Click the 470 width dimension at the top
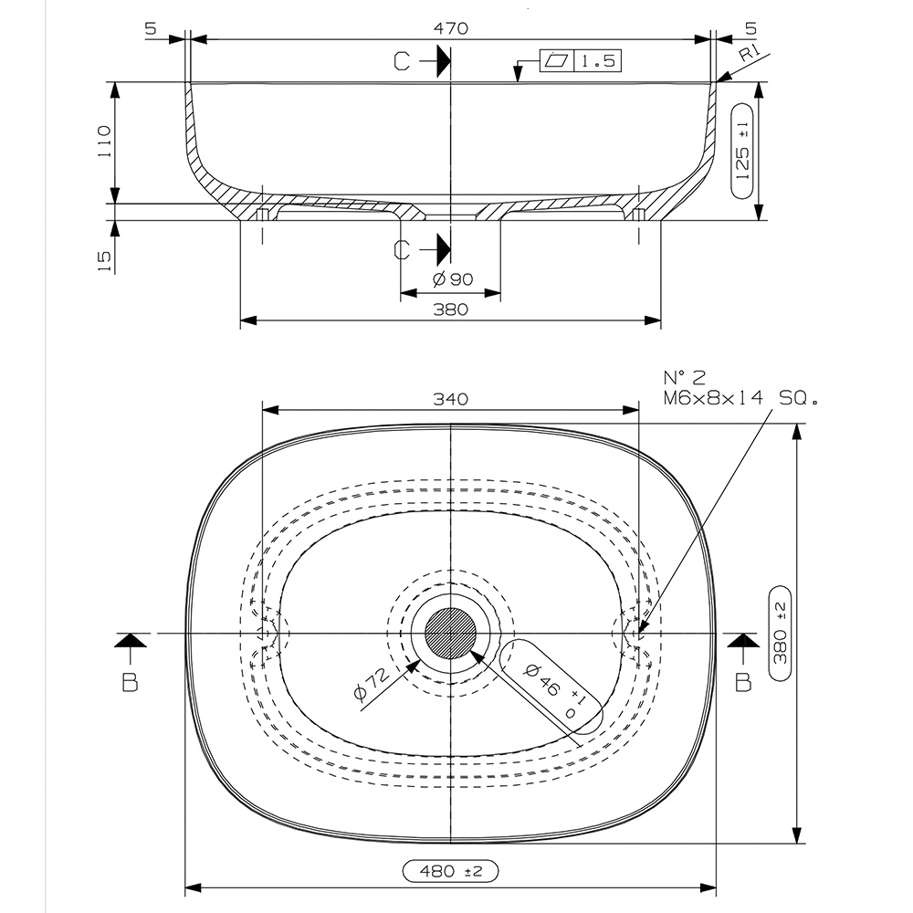[x=451, y=29]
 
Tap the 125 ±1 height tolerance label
[x=743, y=150]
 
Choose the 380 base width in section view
[x=450, y=310]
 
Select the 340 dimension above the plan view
[x=450, y=399]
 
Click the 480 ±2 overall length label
[x=450, y=872]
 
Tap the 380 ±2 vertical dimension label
[x=780, y=634]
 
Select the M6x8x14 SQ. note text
[x=740, y=398]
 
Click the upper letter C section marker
[x=403, y=61]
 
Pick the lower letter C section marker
[x=403, y=248]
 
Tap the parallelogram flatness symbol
[x=556, y=61]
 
